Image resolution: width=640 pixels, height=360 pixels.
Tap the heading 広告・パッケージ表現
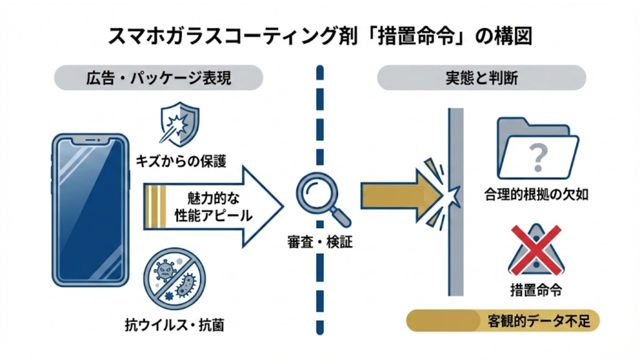[x=158, y=79]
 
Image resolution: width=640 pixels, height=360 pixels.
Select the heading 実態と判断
[x=481, y=79]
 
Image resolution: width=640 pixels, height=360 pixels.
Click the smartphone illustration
[x=90, y=209]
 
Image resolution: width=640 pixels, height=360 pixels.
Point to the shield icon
[x=178, y=123]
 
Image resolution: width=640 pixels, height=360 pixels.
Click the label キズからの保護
[x=181, y=161]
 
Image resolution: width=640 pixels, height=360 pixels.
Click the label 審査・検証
[x=320, y=243]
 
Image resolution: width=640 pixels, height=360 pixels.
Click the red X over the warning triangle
[x=536, y=249]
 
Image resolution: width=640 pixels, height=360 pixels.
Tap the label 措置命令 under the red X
[x=535, y=289]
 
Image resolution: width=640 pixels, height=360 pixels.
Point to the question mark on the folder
[x=538, y=157]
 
